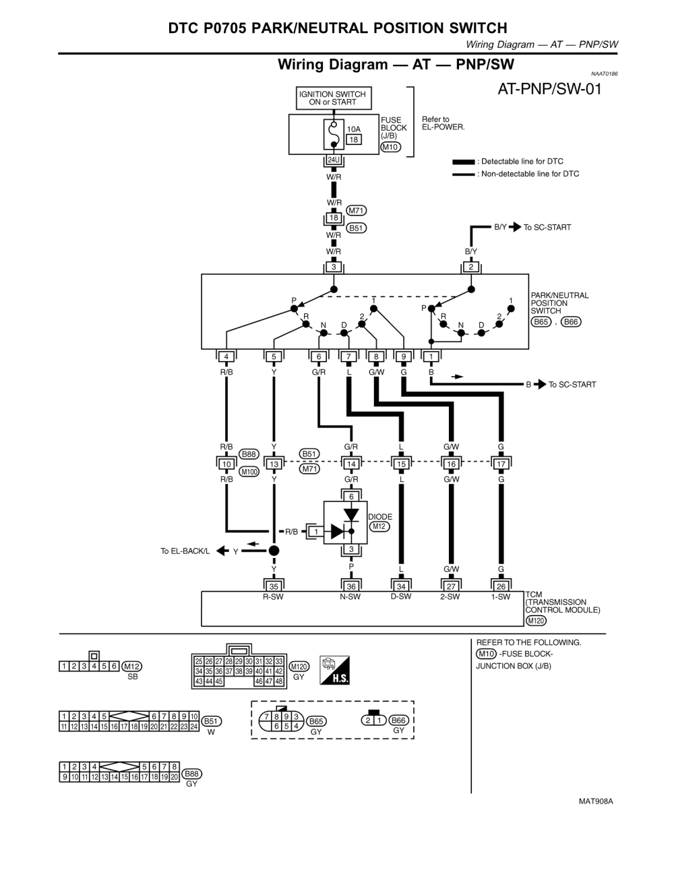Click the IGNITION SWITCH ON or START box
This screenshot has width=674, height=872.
point(332,98)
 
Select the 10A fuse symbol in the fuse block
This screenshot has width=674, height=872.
point(333,135)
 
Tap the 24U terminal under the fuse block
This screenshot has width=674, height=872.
point(334,160)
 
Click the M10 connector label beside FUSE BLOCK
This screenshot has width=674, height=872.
point(390,147)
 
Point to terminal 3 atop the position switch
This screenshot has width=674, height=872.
point(334,267)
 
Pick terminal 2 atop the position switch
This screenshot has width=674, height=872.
point(471,267)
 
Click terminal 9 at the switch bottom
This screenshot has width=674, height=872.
point(403,356)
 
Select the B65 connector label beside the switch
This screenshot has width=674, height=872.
point(541,321)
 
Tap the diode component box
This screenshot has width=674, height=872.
point(345,524)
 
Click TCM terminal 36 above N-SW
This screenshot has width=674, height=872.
point(351,586)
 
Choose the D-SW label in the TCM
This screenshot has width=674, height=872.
point(401,596)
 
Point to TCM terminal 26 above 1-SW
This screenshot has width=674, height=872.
point(501,586)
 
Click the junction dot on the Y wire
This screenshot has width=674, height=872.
point(274,551)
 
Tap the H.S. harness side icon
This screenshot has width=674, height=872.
point(336,671)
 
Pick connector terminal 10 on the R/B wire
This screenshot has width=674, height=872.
point(226,464)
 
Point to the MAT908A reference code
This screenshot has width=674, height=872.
point(596,801)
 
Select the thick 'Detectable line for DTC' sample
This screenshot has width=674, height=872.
point(464,162)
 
